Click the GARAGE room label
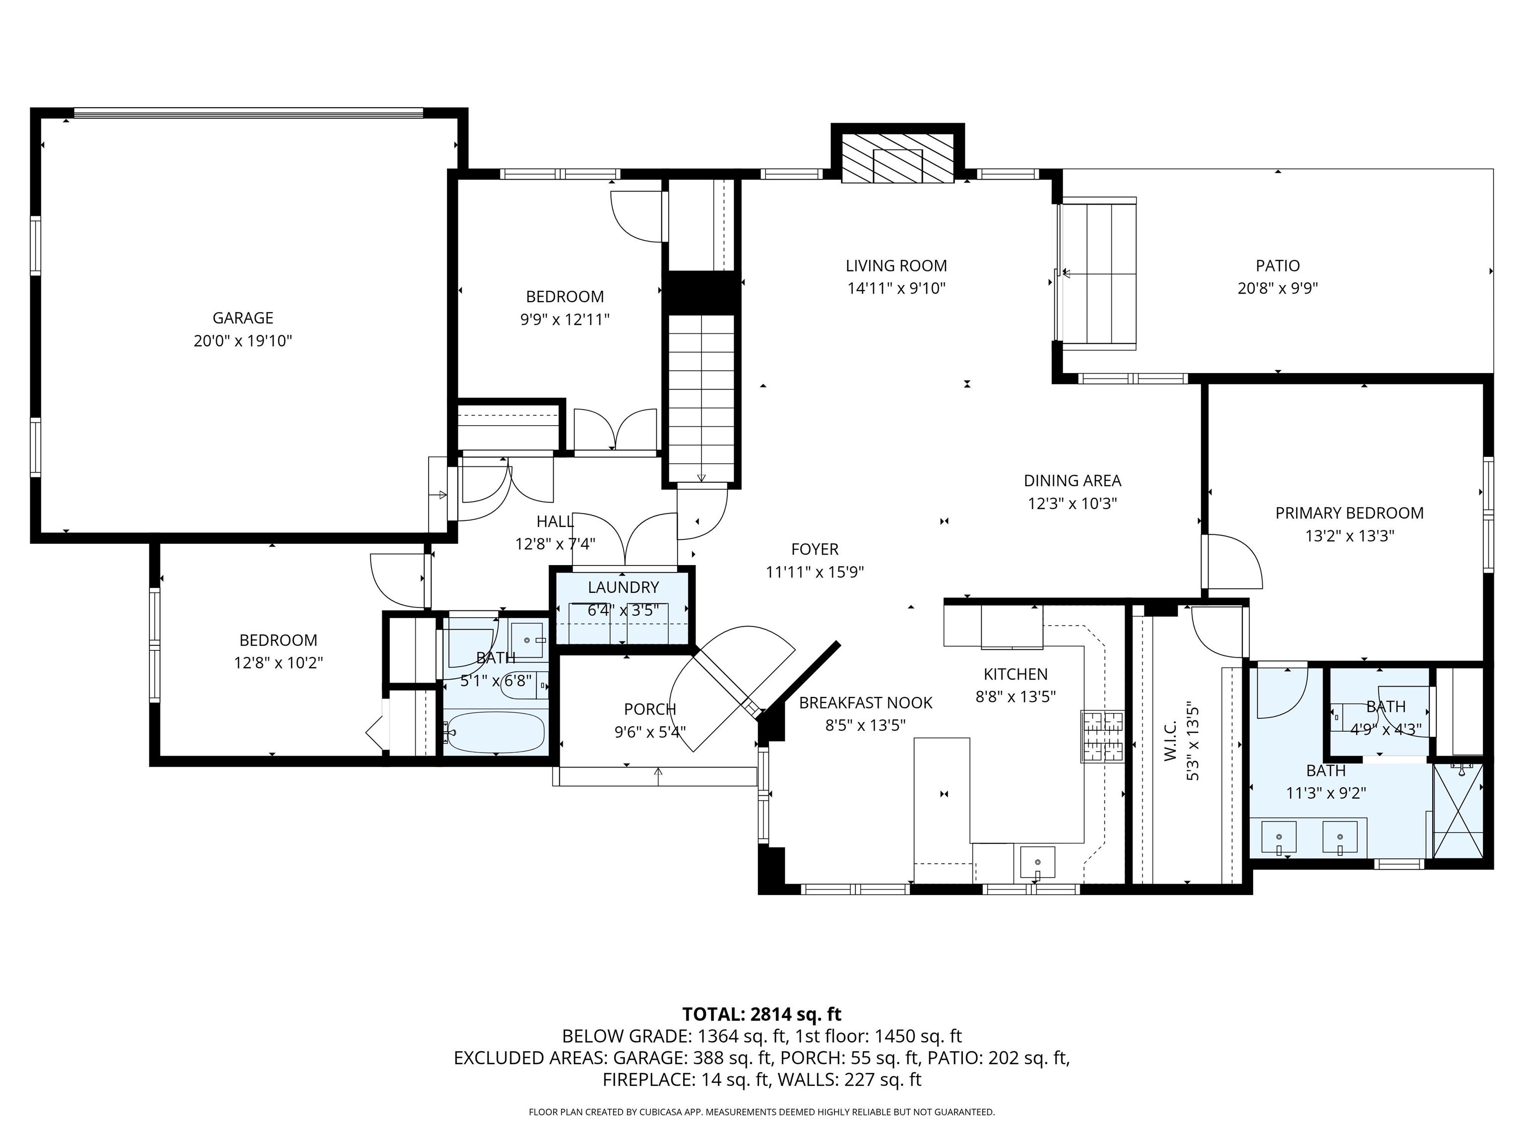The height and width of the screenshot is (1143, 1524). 243,317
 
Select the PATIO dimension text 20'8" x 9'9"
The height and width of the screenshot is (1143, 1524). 1277,288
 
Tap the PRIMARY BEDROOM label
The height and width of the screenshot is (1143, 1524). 1349,512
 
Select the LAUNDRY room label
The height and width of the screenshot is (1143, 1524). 623,587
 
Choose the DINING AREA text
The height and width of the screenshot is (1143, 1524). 1072,480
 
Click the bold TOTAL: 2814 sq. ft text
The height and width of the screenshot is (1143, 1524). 762,1014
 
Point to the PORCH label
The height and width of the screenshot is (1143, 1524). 650,709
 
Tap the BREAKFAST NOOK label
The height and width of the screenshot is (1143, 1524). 865,703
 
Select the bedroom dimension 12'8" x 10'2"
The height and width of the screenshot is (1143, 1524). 278,663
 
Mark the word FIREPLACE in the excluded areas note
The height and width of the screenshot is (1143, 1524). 647,1079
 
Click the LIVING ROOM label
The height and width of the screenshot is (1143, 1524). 895,265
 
